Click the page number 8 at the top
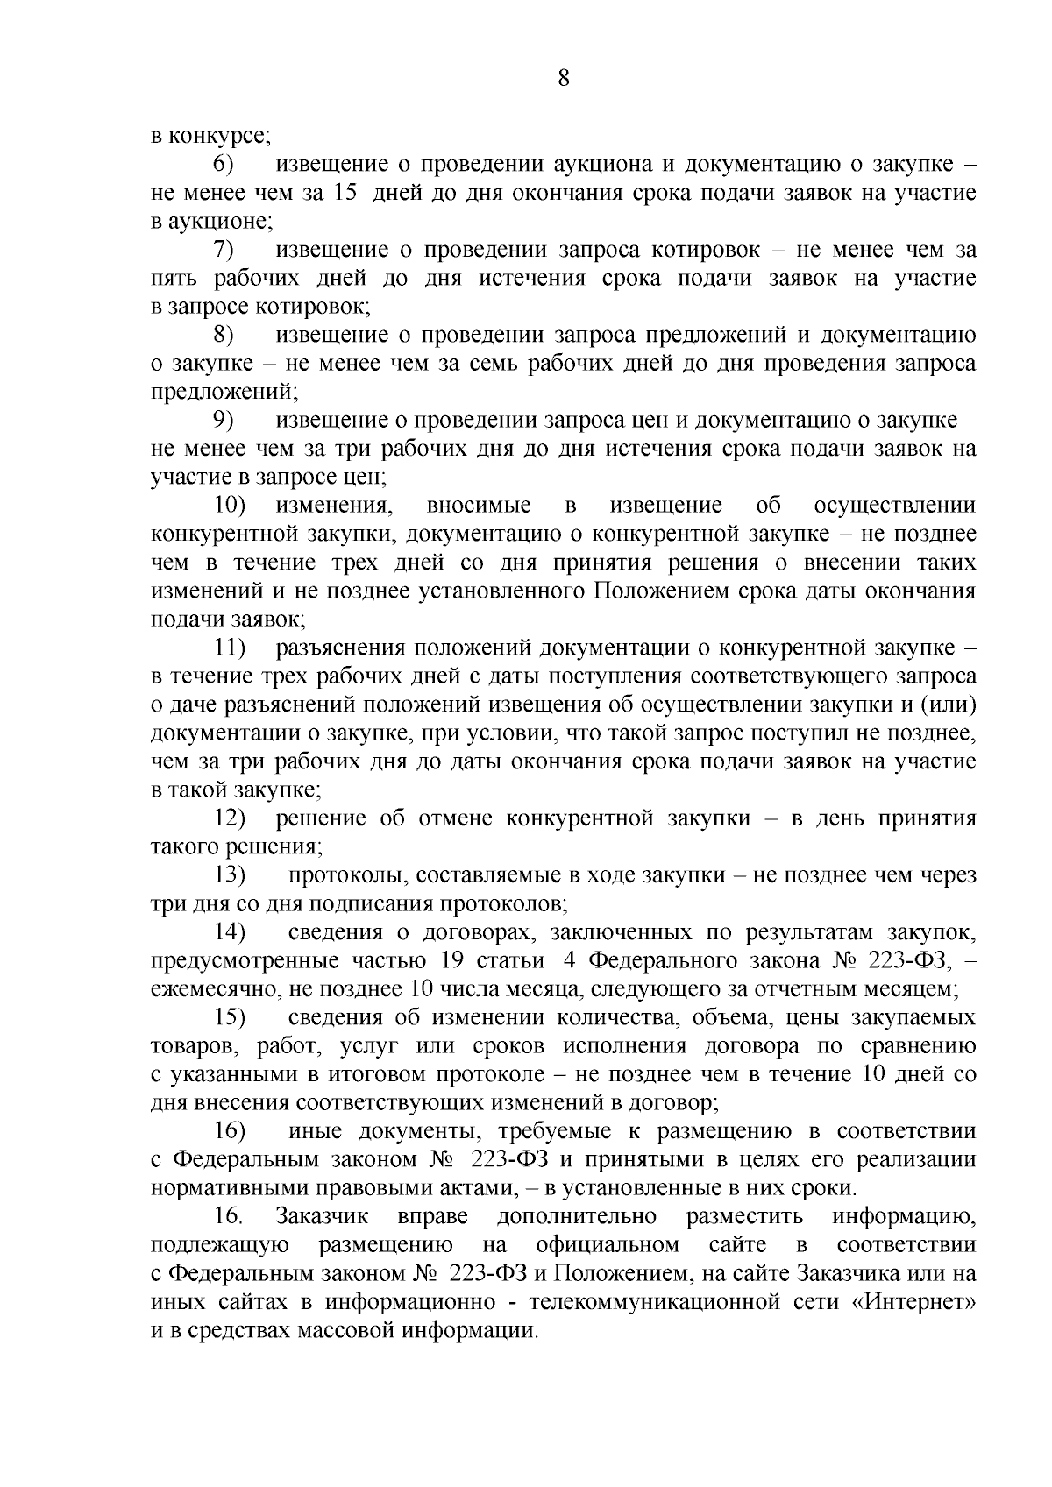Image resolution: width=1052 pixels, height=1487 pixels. (x=563, y=79)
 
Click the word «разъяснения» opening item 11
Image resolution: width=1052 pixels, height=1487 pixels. (x=343, y=648)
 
